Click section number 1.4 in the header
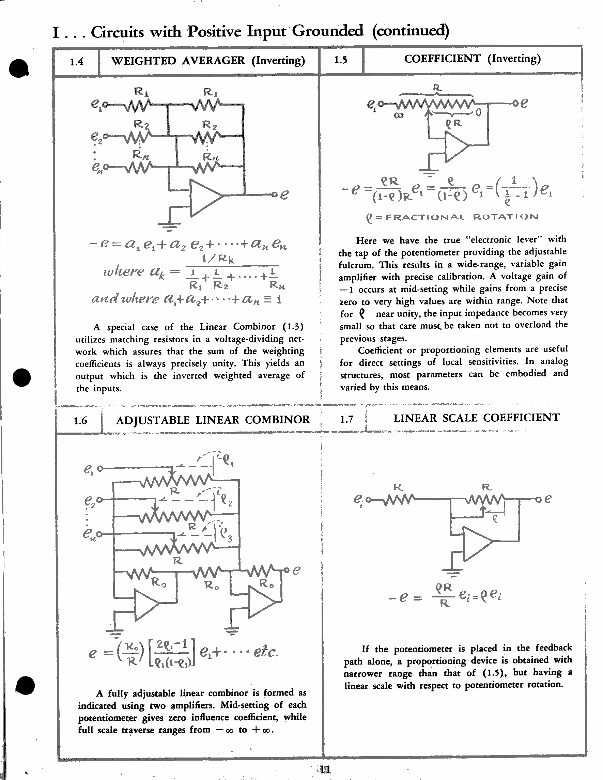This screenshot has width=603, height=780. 76,62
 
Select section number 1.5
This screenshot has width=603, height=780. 340,60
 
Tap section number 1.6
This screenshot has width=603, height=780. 80,421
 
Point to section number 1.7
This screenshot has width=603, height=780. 346,419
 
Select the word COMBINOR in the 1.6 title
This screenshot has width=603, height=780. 277,419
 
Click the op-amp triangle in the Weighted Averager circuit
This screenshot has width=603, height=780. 204,198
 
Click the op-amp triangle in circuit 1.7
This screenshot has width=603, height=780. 476,543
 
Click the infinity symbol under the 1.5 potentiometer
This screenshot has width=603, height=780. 398,115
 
